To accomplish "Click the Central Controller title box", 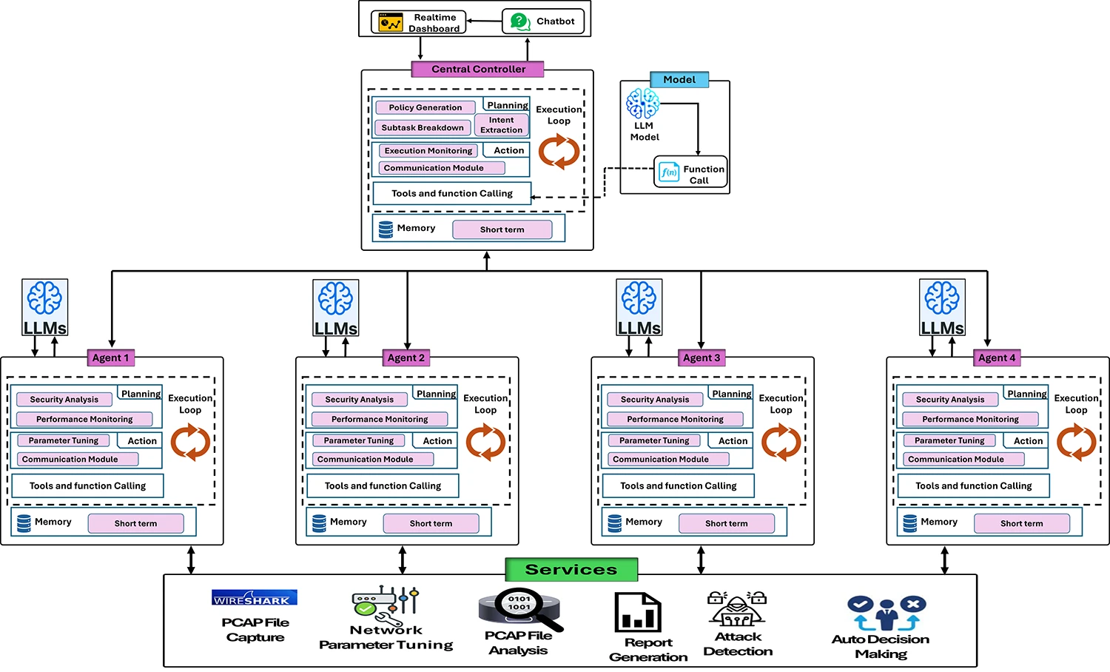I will click(x=478, y=69).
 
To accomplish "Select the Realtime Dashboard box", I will click(x=419, y=22).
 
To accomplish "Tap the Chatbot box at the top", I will click(x=542, y=21).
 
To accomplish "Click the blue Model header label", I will click(x=679, y=79).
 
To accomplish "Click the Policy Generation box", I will click(x=425, y=107).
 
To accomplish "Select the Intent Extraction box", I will click(x=501, y=125).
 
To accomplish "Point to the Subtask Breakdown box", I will click(x=422, y=127).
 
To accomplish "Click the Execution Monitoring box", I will click(x=428, y=150).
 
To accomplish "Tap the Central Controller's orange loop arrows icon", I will click(x=559, y=152).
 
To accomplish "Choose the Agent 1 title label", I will click(x=110, y=357).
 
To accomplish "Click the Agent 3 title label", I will click(x=702, y=357).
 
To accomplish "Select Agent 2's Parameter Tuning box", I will click(x=358, y=440).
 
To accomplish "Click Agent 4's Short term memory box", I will click(x=1021, y=523).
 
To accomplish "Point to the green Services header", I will click(x=571, y=569).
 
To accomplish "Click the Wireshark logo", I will click(x=255, y=598).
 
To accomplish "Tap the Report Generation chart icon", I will click(x=637, y=612).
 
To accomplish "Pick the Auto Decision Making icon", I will click(x=886, y=613).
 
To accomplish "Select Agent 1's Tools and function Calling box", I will click(x=87, y=485).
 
